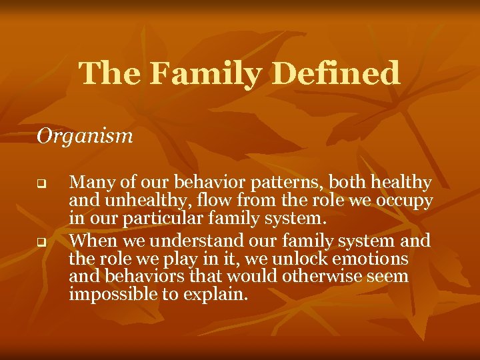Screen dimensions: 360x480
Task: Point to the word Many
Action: [87, 183]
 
